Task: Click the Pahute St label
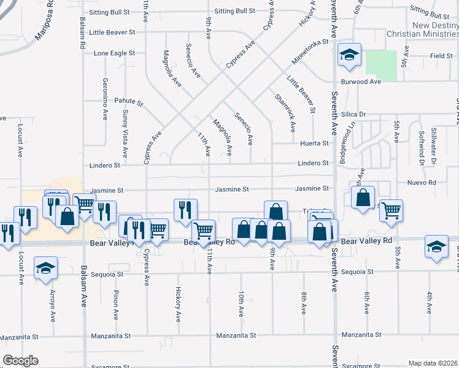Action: coord(128,103)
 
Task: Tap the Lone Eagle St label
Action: coord(114,53)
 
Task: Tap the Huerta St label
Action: coord(315,143)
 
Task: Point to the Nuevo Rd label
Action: coord(423,183)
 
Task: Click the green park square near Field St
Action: coord(381,64)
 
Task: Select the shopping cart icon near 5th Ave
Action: coord(391,211)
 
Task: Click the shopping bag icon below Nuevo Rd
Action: coord(363,197)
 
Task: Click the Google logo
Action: coord(20,361)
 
